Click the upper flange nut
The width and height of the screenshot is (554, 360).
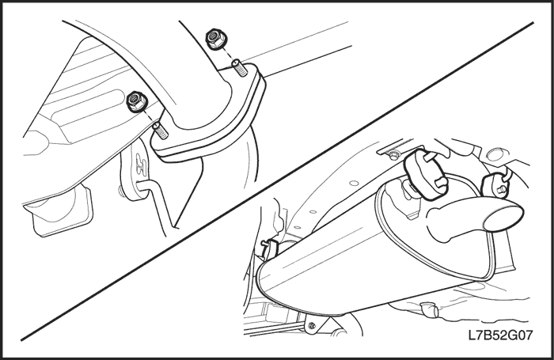pyautogui.click(x=214, y=38)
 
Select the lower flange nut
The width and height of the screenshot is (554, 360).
pyautogui.click(x=136, y=100)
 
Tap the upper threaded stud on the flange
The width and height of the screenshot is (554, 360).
pyautogui.click(x=239, y=68)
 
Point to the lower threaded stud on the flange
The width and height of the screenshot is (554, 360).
pyautogui.click(x=161, y=131)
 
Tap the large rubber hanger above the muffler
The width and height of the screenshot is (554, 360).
pyautogui.click(x=427, y=169)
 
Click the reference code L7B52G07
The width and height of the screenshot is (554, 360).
pyautogui.click(x=499, y=335)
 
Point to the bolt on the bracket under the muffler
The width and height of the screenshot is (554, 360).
pyautogui.click(x=311, y=325)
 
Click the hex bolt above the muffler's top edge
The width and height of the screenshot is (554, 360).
pyautogui.click(x=393, y=154)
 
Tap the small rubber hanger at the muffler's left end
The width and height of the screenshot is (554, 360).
pyautogui.click(x=271, y=248)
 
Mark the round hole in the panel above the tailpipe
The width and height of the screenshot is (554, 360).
pyautogui.click(x=495, y=153)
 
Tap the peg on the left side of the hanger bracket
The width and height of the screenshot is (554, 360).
pyautogui.click(x=122, y=191)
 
